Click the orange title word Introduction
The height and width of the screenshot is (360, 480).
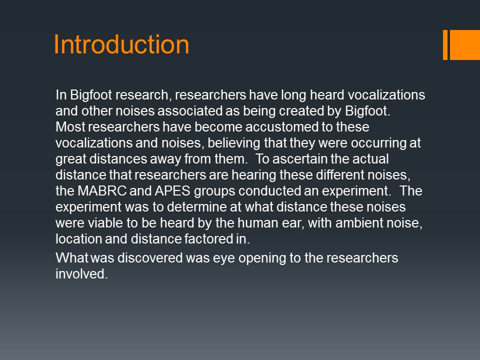(121, 44)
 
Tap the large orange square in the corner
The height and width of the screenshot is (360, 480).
(464, 44)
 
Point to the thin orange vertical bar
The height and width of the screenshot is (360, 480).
(445, 44)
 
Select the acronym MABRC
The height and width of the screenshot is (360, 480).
(102, 190)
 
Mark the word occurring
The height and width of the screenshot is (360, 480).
(378, 143)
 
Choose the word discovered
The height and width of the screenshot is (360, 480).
(150, 258)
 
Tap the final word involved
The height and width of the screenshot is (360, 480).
(81, 273)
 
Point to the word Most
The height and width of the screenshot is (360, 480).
(70, 126)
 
